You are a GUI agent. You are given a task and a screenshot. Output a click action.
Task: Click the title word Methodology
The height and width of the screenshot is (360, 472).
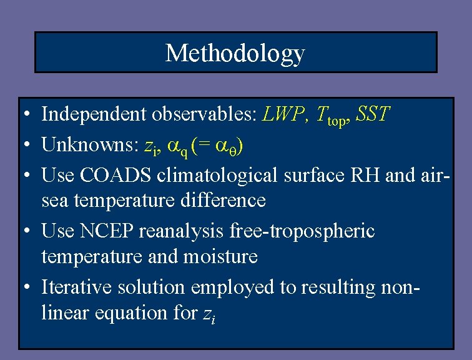coord(235,53)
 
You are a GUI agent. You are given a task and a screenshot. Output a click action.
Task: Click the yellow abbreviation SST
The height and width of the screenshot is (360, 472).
coord(372,114)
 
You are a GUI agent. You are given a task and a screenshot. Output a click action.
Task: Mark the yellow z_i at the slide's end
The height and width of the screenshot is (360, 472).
coord(209,314)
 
